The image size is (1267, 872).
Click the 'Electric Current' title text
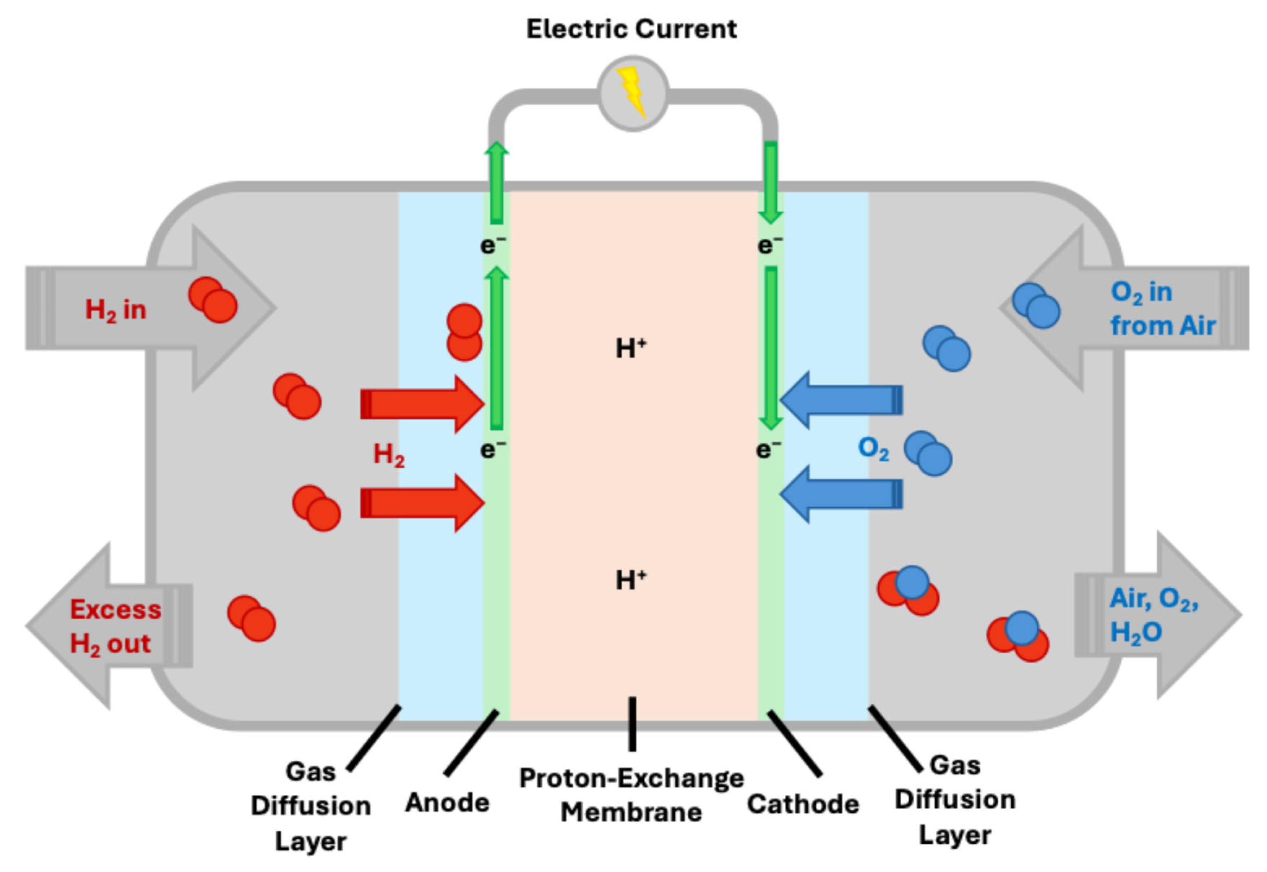pos(631,29)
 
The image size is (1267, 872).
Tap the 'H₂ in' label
pos(116,310)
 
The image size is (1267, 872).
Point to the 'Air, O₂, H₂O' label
pos(1153,616)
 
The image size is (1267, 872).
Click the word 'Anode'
pos(447,802)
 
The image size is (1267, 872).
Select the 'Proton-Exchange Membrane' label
pos(631,795)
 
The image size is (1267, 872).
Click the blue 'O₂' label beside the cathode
pos(873,449)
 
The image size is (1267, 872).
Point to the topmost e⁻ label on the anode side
pos(492,245)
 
